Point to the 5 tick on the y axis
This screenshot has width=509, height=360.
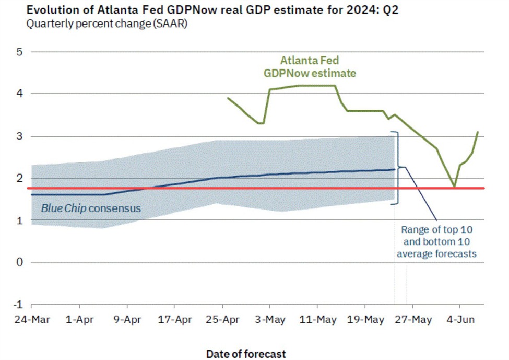click(x=19, y=52)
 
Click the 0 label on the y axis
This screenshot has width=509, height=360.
click(x=19, y=262)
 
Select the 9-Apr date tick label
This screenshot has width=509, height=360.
click(x=127, y=320)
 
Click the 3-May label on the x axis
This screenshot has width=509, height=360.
click(x=270, y=320)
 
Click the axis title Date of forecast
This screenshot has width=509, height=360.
click(x=246, y=354)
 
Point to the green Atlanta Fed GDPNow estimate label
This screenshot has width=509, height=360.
click(x=310, y=67)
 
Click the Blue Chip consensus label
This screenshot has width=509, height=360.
click(x=91, y=208)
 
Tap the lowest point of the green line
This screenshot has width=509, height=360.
click(x=454, y=187)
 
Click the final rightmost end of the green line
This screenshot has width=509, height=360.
click(x=478, y=132)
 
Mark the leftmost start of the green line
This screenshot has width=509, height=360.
click(x=228, y=98)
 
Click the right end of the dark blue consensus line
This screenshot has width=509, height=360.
click(x=394, y=169)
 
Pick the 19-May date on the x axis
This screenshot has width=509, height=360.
click(x=365, y=320)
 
